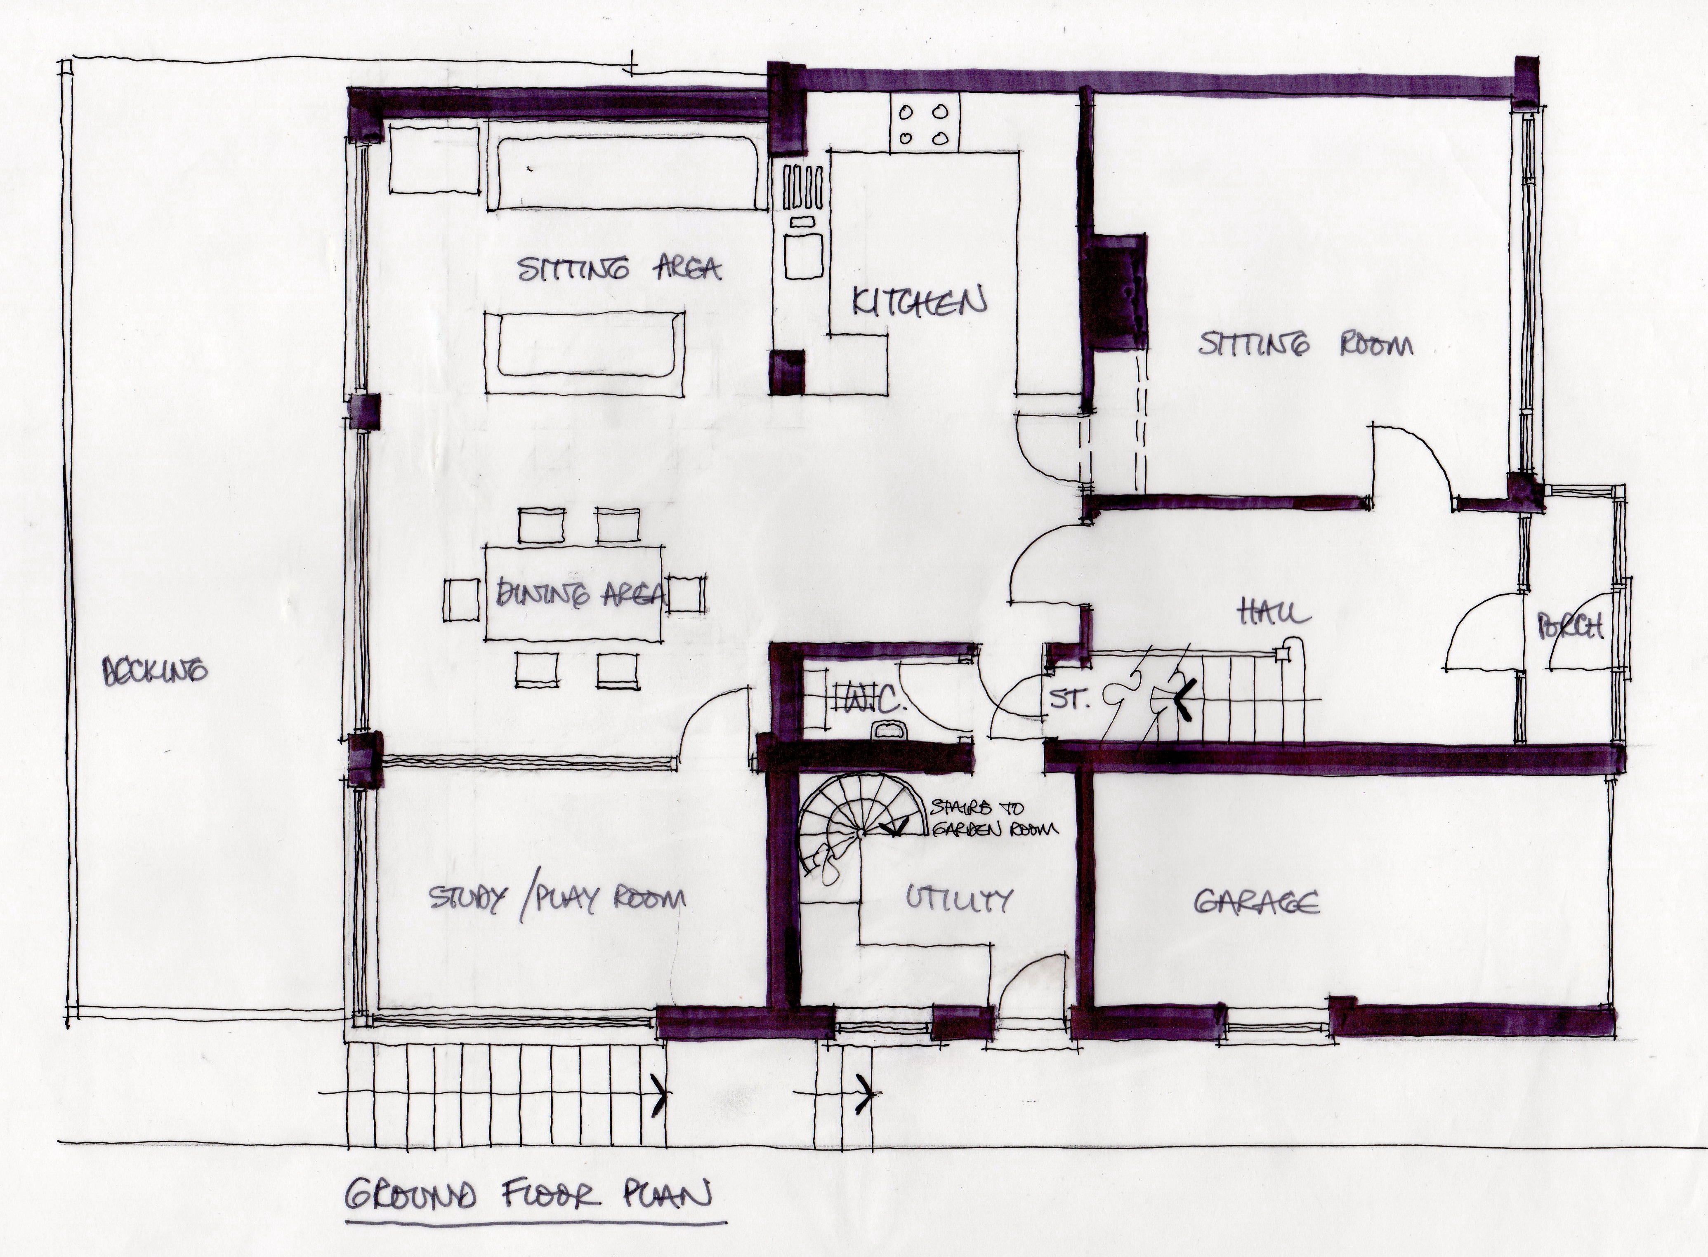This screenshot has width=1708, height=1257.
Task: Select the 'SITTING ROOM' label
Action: pyautogui.click(x=1305, y=345)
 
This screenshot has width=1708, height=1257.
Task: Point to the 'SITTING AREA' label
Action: pyautogui.click(x=618, y=269)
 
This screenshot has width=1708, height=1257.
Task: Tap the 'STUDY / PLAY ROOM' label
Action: pyautogui.click(x=557, y=899)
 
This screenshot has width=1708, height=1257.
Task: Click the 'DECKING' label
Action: pyautogui.click(x=155, y=671)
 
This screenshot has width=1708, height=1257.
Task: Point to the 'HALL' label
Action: pyautogui.click(x=1274, y=611)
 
